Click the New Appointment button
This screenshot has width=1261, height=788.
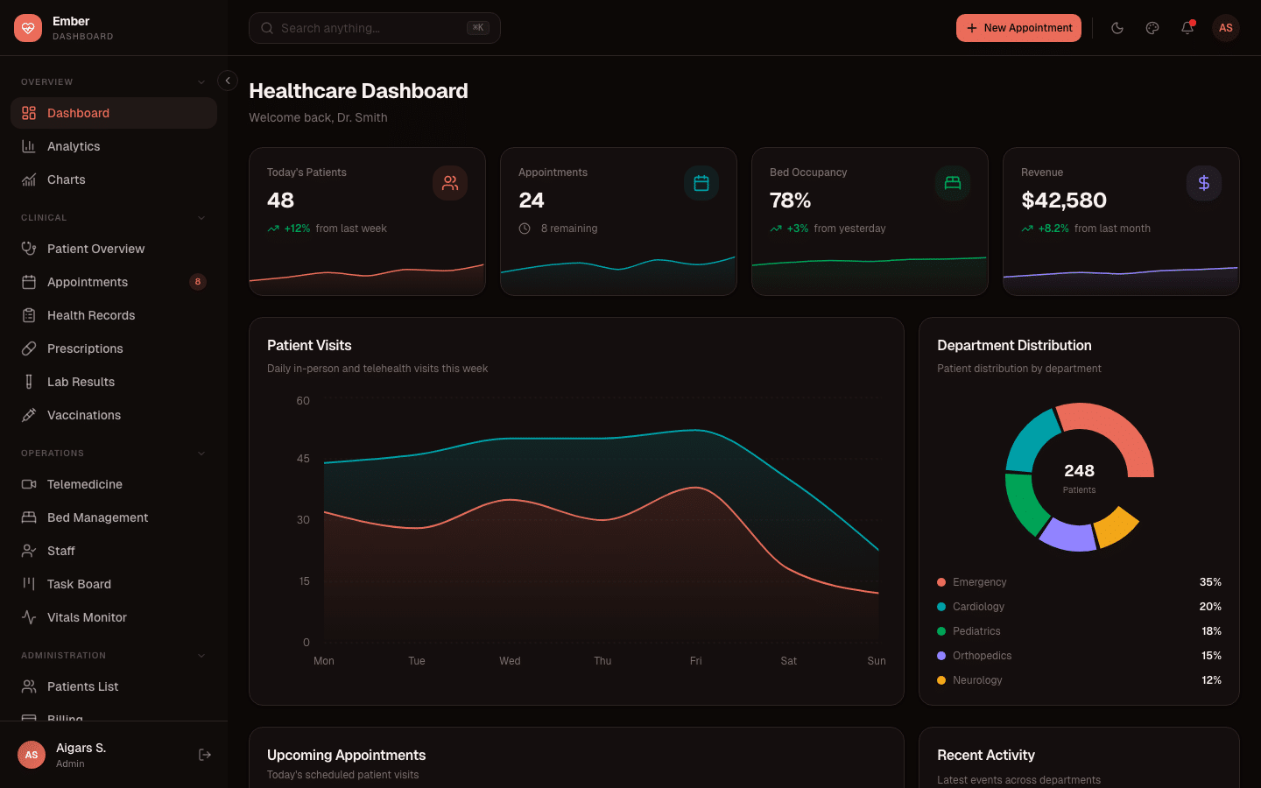[x=1018, y=28]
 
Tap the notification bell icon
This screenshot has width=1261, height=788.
[x=1187, y=28]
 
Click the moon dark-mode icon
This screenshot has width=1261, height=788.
[x=1117, y=28]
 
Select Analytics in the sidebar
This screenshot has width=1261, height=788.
[x=74, y=146]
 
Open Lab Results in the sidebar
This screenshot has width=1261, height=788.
[x=81, y=382]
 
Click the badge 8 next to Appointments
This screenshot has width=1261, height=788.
[x=198, y=282]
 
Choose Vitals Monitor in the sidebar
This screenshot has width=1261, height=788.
[x=87, y=617]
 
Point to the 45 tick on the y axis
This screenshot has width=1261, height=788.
[x=303, y=459]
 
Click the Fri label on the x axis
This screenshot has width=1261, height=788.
[x=695, y=661]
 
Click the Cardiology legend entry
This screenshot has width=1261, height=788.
[x=978, y=607]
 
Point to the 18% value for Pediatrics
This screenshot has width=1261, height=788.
[x=1211, y=631]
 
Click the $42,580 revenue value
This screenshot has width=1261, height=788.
[x=1064, y=201]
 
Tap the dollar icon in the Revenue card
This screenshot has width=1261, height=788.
[x=1204, y=183]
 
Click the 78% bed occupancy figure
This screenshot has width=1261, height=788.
[x=790, y=201]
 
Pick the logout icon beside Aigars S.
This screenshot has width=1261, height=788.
[x=205, y=755]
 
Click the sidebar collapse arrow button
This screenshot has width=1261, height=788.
[x=228, y=81]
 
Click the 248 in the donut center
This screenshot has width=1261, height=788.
[x=1079, y=471]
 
